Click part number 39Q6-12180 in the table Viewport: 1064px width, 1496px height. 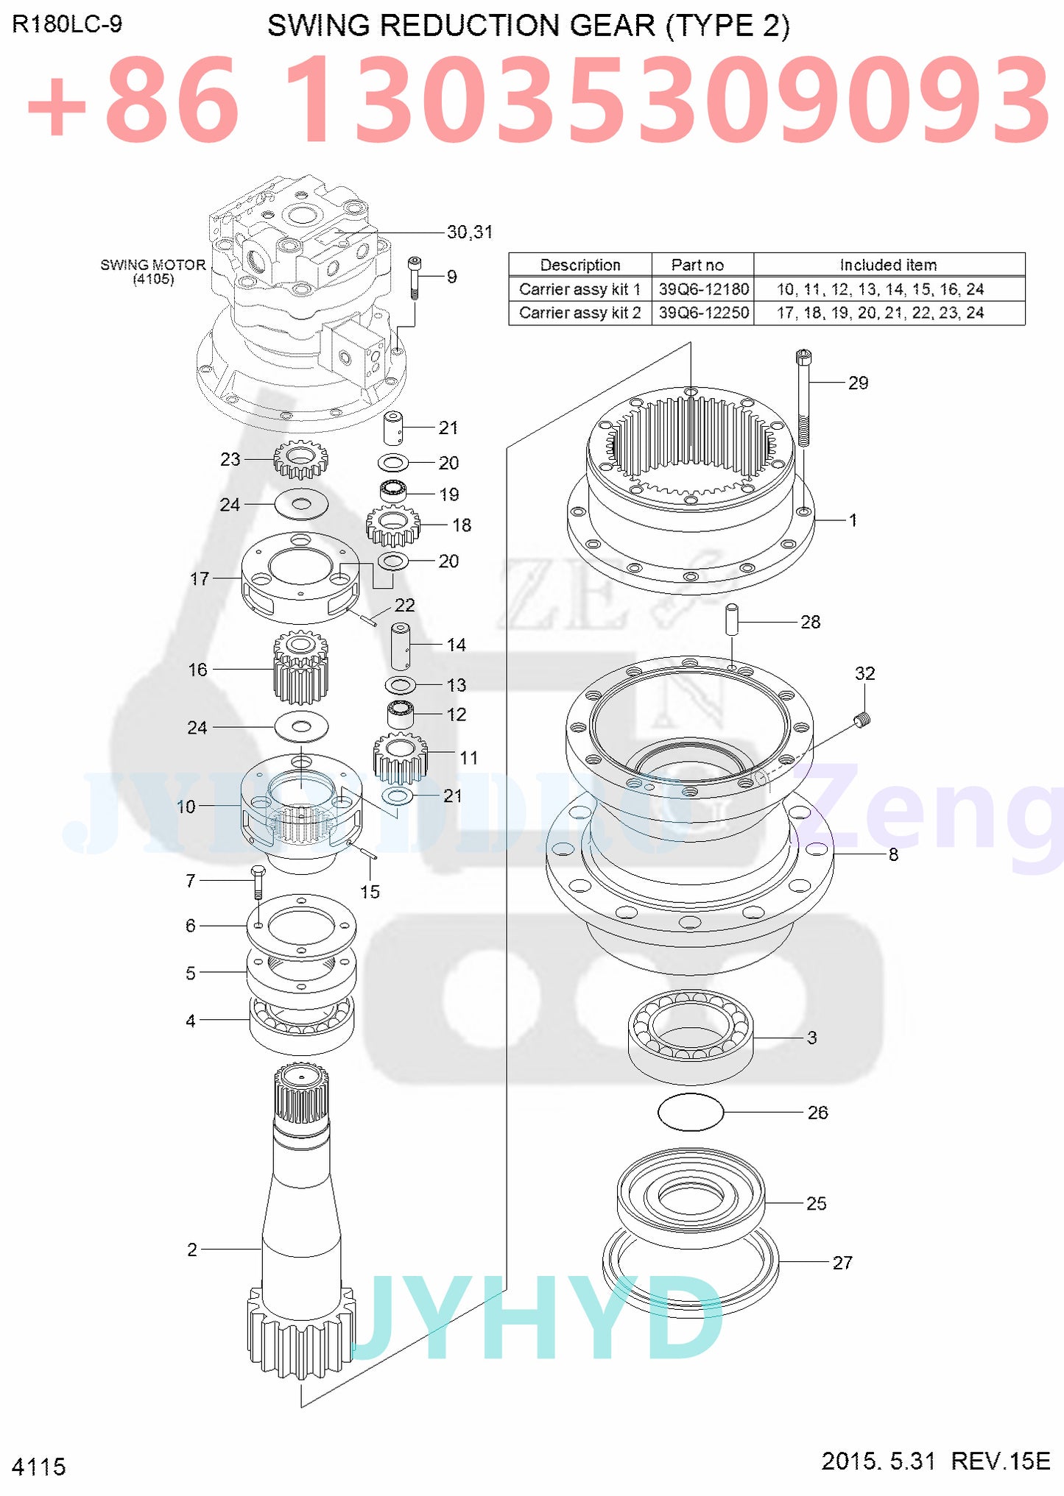pyautogui.click(x=703, y=289)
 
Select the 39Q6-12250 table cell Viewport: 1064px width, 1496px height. pyautogui.click(x=703, y=313)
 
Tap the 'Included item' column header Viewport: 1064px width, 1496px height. pyautogui.click(x=888, y=265)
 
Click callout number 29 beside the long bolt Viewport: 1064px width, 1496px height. pyautogui.click(x=858, y=383)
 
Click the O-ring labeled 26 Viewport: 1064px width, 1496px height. pyautogui.click(x=690, y=1112)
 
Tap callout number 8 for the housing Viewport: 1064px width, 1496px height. pyautogui.click(x=893, y=854)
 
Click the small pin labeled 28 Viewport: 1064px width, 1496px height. pyautogui.click(x=732, y=620)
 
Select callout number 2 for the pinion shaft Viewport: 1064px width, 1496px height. pyautogui.click(x=192, y=1249)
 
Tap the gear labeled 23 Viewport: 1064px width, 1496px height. pyautogui.click(x=300, y=461)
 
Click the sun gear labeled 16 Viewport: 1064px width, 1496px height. pyautogui.click(x=300, y=668)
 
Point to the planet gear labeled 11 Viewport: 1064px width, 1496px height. pyautogui.click(x=400, y=759)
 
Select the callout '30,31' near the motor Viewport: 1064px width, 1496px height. pyautogui.click(x=470, y=233)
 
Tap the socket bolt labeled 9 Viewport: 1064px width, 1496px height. pyautogui.click(x=415, y=277)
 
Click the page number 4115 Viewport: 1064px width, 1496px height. pyautogui.click(x=39, y=1467)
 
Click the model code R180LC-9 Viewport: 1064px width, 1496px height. pyautogui.click(x=67, y=25)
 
